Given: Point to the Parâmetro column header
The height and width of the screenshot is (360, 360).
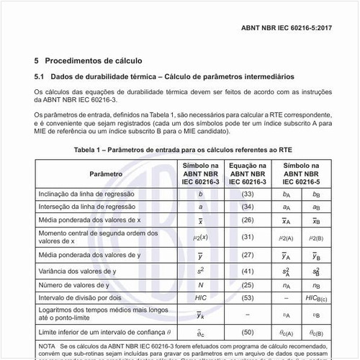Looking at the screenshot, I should (106, 175).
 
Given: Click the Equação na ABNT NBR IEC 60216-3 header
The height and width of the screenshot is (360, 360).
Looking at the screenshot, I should (247, 175).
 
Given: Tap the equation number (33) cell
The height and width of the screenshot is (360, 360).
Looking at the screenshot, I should (247, 194).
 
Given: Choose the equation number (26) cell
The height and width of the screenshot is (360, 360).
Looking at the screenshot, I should (247, 220).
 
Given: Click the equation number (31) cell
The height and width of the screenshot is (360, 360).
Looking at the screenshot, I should (247, 236).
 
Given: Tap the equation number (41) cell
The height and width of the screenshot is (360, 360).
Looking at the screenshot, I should (247, 271).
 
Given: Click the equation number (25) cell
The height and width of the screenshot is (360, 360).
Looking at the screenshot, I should (247, 284).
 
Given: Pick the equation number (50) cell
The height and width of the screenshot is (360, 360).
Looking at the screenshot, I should (247, 331).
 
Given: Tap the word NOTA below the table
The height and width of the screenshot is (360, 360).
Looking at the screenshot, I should (46, 346).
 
